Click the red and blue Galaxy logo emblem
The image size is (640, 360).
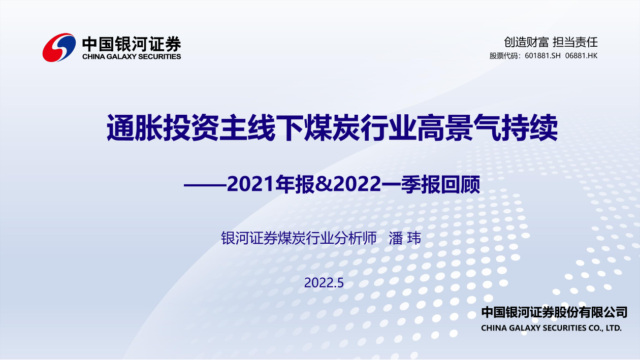coord(59,47)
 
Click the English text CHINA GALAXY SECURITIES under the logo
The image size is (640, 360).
coord(132,56)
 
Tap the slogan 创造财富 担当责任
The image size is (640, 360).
coord(551,42)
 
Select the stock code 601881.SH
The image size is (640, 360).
coord(542,56)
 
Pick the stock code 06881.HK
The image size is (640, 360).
coord(581,56)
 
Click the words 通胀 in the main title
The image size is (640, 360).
coord(135,128)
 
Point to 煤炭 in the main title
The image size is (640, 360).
coord(332,128)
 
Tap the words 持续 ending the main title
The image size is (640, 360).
coord(529,128)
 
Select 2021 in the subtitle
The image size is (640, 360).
coord(250,184)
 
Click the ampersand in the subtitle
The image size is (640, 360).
coord(324,185)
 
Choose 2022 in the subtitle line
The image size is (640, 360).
coord(357,184)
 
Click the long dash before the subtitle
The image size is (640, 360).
coord(205,185)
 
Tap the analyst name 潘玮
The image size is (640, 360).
coord(405,238)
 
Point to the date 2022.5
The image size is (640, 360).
coord(324,283)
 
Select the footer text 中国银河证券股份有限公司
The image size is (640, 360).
coord(554,312)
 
